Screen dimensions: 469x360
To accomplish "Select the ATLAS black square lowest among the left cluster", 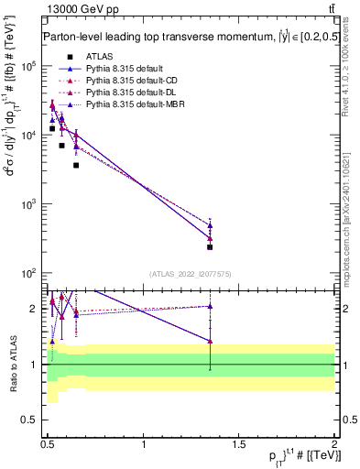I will coord(76,165).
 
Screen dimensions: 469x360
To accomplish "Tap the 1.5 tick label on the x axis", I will coord(240,443).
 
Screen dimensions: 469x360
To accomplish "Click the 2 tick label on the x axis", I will coord(334,443).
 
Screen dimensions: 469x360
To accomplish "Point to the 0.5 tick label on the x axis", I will coord(49,443).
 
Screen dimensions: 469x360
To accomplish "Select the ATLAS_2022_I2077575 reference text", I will coord(189,274).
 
